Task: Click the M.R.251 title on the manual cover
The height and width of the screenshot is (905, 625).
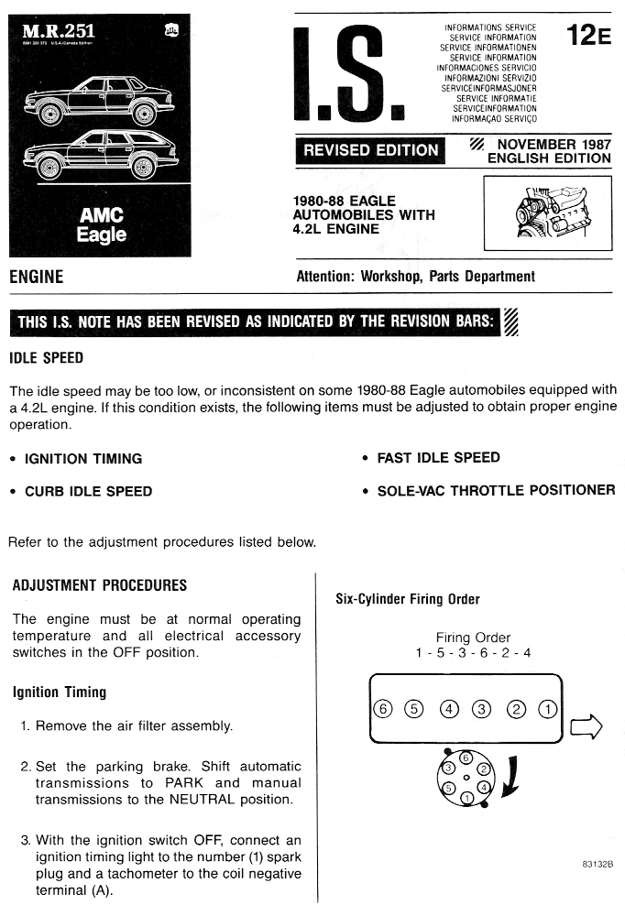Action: (x=61, y=35)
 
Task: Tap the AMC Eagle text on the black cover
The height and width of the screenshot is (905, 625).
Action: (x=102, y=224)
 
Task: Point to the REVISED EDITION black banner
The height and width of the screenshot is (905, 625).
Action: (x=370, y=150)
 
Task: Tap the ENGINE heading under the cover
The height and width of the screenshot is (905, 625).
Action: (x=36, y=277)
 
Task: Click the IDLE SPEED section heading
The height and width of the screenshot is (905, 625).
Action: (x=46, y=358)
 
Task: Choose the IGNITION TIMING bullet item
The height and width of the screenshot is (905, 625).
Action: (x=82, y=459)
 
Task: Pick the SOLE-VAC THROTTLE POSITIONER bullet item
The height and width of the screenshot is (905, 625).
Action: (x=496, y=490)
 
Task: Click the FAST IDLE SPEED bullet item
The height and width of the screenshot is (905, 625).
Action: (x=438, y=458)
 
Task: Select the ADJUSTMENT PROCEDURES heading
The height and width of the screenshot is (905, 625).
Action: (x=99, y=585)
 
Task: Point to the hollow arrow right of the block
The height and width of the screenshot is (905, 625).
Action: (x=587, y=727)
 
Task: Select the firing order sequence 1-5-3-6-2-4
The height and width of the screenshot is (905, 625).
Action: (x=473, y=652)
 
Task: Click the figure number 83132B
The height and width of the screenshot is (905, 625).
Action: (x=597, y=864)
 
